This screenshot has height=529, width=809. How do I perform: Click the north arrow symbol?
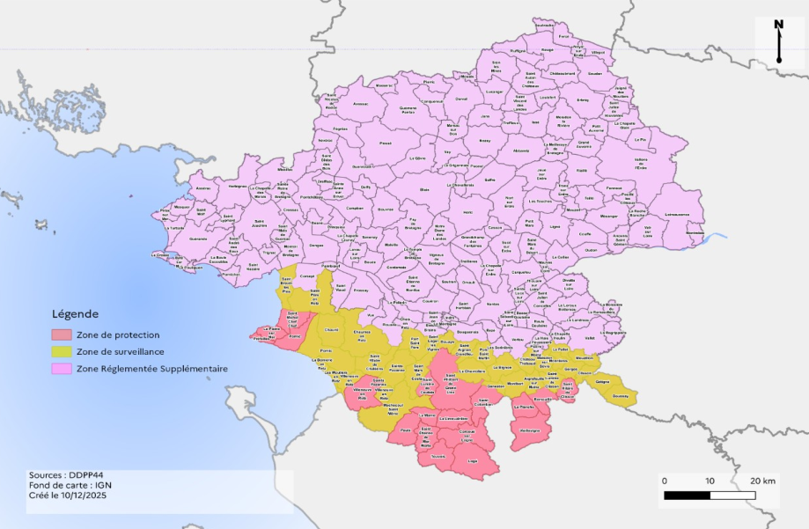(x=778, y=41)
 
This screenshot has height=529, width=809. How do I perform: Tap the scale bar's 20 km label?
(x=763, y=481)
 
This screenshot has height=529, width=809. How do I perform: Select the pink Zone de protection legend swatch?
(x=62, y=335)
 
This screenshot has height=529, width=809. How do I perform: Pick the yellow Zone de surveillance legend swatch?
(x=62, y=351)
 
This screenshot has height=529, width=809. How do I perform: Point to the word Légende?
(x=75, y=314)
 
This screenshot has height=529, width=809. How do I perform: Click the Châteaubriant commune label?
(x=563, y=74)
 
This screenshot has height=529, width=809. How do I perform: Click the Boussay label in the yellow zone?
(x=620, y=395)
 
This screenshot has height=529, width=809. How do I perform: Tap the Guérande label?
(x=198, y=238)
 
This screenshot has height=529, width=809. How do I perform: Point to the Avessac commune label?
(x=361, y=104)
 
